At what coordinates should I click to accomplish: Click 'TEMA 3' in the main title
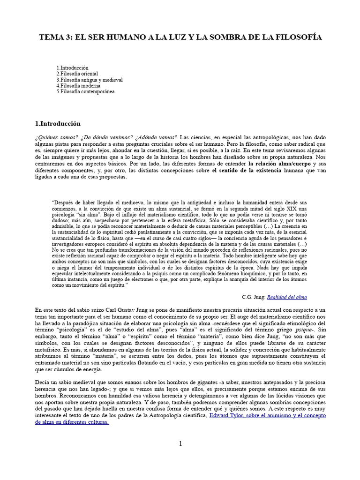click(52, 37)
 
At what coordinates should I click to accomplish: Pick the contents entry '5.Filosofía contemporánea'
click(85, 92)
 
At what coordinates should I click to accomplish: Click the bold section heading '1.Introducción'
click(58, 124)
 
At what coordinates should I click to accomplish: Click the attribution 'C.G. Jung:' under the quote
click(253, 297)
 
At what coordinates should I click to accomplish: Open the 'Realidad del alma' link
click(287, 297)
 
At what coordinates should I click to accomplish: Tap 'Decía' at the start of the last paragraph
click(43, 383)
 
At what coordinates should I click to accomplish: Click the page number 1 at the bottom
click(180, 444)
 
